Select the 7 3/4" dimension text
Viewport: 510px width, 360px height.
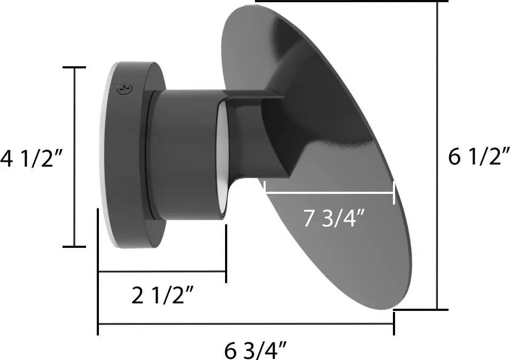tap(334, 218)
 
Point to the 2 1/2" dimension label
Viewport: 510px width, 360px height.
tap(162, 295)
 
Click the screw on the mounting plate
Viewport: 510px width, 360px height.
tap(124, 88)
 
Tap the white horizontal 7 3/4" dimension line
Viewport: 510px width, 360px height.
tap(329, 193)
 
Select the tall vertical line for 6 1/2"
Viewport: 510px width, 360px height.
tap(438, 155)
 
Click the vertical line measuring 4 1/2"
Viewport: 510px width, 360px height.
tap(74, 158)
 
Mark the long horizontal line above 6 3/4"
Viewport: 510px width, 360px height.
tap(246, 324)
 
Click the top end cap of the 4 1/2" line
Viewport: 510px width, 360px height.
tap(74, 67)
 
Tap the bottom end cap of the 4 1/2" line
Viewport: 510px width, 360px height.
tap(74, 247)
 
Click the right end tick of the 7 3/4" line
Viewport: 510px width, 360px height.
tap(394, 193)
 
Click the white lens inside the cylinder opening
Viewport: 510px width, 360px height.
tap(220, 160)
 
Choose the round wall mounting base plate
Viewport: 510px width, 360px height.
tap(128, 155)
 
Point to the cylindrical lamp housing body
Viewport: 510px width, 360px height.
tap(182, 155)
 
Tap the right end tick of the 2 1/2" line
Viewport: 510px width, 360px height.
tap(226, 254)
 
